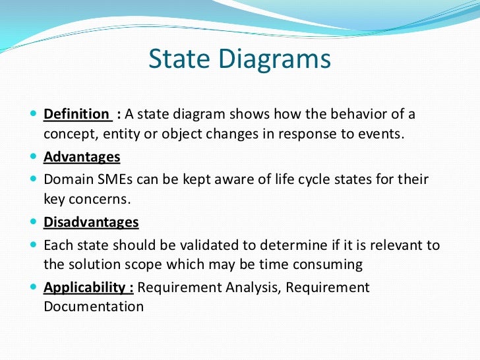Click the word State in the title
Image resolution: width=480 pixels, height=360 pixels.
pyautogui.click(x=179, y=59)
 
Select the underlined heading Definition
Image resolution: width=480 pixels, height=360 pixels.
pyautogui.click(x=76, y=114)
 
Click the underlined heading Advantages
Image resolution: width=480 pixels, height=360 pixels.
pyautogui.click(x=82, y=158)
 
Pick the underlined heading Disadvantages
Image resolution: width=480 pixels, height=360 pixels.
pyautogui.click(x=91, y=222)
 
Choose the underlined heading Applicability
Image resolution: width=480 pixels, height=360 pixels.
pyautogui.click(x=84, y=287)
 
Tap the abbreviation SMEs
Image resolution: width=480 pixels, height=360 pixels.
pyautogui.click(x=115, y=179)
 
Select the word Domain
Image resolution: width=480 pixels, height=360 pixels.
pyautogui.click(x=69, y=179)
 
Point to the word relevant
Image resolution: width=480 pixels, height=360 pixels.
pyautogui.click(x=397, y=245)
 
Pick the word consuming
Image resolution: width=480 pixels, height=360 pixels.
pyautogui.click(x=328, y=265)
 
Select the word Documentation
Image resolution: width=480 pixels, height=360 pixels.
pyautogui.click(x=94, y=307)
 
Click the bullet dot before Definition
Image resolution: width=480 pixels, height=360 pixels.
pyautogui.click(x=34, y=113)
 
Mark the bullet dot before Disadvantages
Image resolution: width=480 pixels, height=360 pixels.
pyautogui.click(x=34, y=222)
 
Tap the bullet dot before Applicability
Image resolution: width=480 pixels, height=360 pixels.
pyautogui.click(x=34, y=287)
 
